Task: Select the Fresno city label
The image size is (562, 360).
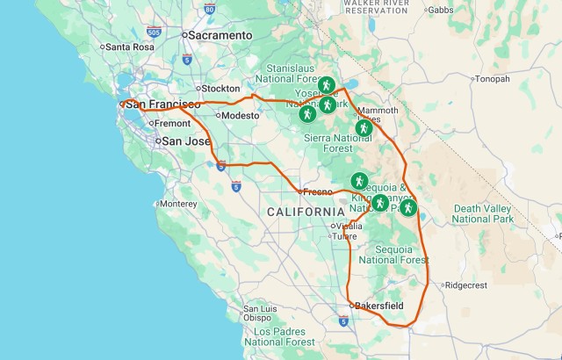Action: [x=316, y=191]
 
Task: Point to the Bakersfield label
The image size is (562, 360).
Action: [x=378, y=306]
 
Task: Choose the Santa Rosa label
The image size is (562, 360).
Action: [x=129, y=47]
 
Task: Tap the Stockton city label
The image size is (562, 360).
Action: [x=220, y=89]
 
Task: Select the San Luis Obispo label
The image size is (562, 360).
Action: [x=263, y=313]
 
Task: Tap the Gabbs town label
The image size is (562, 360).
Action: [x=440, y=11]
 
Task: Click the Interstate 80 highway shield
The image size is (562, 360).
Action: [x=209, y=10]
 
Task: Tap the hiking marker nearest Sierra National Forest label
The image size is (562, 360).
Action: [x=364, y=127]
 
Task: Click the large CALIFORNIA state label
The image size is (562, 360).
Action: [x=306, y=212]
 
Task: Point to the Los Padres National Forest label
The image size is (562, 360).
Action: [x=279, y=336]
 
